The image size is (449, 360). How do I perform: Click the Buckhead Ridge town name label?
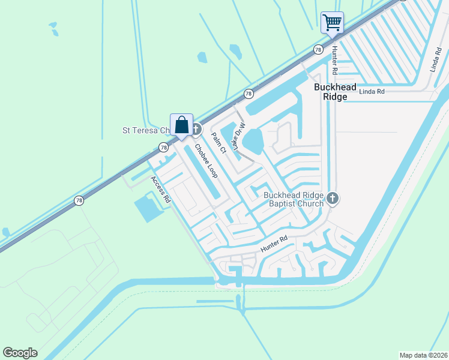coord(331,91)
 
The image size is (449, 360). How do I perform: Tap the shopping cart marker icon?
coord(332,23)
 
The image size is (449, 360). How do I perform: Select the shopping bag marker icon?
coord(181,125)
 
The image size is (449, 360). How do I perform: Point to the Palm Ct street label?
coord(218,143)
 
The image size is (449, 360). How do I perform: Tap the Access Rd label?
coord(161,191)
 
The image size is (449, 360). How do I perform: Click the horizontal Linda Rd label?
coord(372,91)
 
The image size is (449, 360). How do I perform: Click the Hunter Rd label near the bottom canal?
coord(274,243)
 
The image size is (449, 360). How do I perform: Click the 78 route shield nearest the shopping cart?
coord(318,49)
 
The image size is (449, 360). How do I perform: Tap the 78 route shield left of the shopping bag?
coord(163,147)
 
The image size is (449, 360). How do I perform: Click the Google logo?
coord(20,353)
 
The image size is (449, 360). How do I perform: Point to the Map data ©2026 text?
coord(423,355)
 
